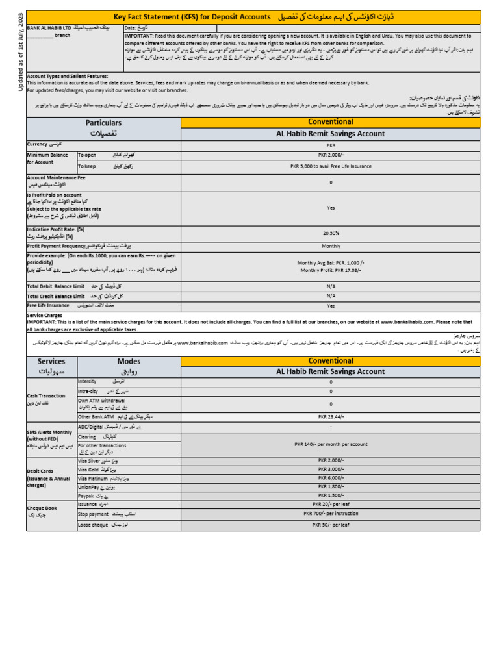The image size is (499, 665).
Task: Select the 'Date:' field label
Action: pos(131,28)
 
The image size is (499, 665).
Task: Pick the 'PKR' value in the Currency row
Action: pos(331,145)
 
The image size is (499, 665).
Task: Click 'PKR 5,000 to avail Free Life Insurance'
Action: pos(331,166)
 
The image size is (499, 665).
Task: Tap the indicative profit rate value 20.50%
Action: pos(331,233)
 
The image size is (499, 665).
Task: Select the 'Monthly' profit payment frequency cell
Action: pos(331,246)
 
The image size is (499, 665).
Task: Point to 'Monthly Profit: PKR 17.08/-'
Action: pos(331,270)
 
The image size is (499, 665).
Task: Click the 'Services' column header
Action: pos(51,361)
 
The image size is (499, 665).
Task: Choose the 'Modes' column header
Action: pos(129,361)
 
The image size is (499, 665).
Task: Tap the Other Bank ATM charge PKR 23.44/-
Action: pos(331,416)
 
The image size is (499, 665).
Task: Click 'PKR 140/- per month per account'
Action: pos(331,444)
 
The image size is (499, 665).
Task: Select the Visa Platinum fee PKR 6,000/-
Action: pos(331,477)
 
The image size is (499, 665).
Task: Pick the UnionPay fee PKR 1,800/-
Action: pos(331,486)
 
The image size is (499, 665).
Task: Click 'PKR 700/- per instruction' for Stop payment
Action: pos(331,513)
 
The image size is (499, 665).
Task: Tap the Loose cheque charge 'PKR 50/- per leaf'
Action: pos(331,524)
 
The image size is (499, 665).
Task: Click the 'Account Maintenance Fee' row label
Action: pos(55,177)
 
